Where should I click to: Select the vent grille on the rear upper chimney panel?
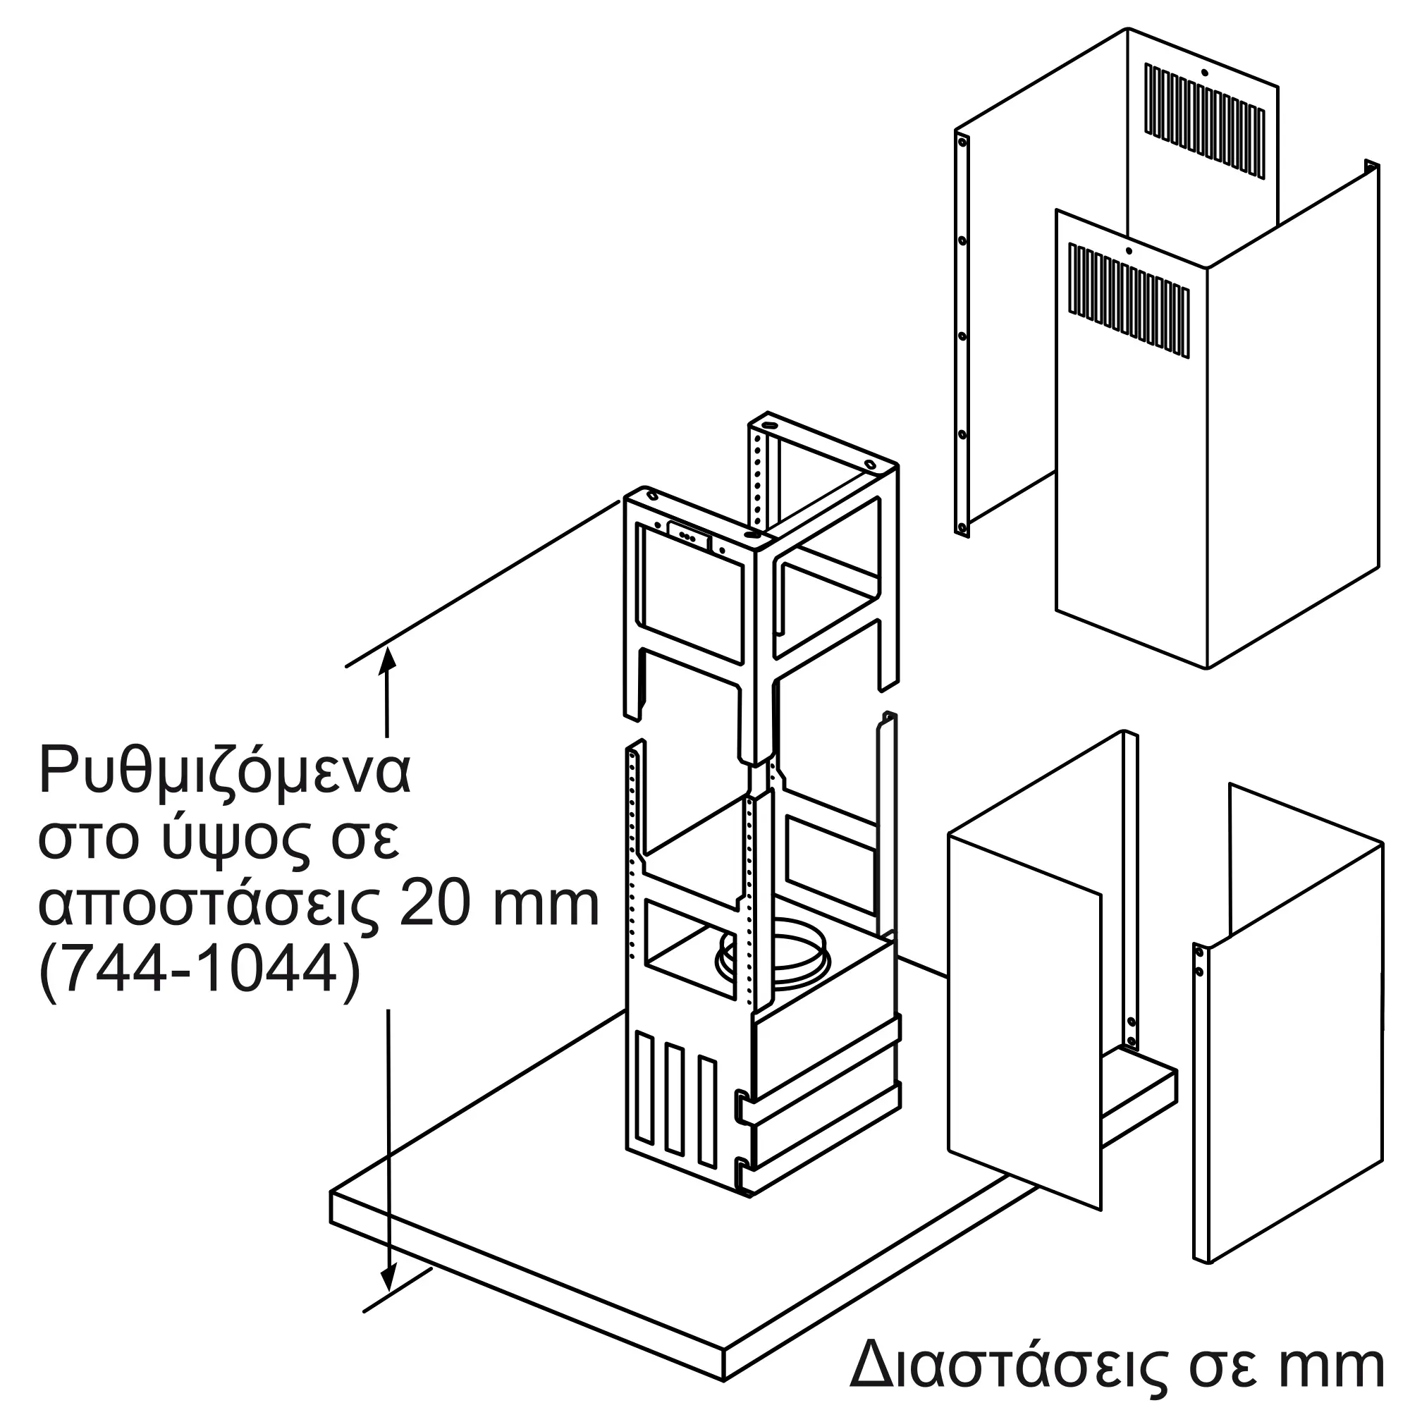(x=1204, y=121)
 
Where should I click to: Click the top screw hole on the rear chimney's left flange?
(x=962, y=142)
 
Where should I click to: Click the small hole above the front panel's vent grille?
(x=1128, y=251)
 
